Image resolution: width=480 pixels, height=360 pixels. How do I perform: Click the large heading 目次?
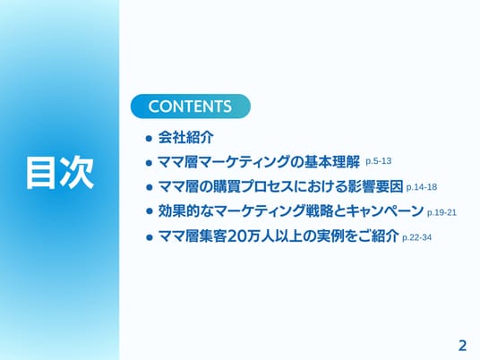click(x=60, y=172)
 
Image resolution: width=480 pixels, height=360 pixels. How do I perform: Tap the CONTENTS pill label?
click(x=190, y=107)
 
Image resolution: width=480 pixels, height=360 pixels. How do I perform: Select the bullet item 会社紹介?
click(x=185, y=137)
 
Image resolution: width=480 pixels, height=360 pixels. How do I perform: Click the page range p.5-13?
click(x=379, y=161)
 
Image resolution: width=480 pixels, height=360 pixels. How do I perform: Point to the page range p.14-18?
click(x=422, y=187)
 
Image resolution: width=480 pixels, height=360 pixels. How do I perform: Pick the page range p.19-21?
click(x=441, y=212)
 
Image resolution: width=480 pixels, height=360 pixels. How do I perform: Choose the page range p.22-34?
click(x=417, y=237)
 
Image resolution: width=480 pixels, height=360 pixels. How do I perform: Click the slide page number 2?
click(x=462, y=346)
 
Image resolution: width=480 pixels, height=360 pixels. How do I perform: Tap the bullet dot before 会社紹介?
click(x=149, y=138)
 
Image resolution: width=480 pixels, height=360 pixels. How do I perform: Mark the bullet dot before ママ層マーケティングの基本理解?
click(x=149, y=163)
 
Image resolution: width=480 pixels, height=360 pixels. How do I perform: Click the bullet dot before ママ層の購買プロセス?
click(x=149, y=187)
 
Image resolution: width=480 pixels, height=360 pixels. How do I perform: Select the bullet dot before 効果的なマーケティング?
click(x=149, y=211)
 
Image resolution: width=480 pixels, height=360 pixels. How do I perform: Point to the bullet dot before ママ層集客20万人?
click(x=149, y=237)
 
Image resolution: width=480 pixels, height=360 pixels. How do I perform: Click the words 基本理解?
click(x=332, y=162)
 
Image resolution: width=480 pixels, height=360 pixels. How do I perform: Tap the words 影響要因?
click(x=375, y=186)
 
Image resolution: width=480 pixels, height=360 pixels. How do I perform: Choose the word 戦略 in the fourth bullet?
click(x=319, y=211)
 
